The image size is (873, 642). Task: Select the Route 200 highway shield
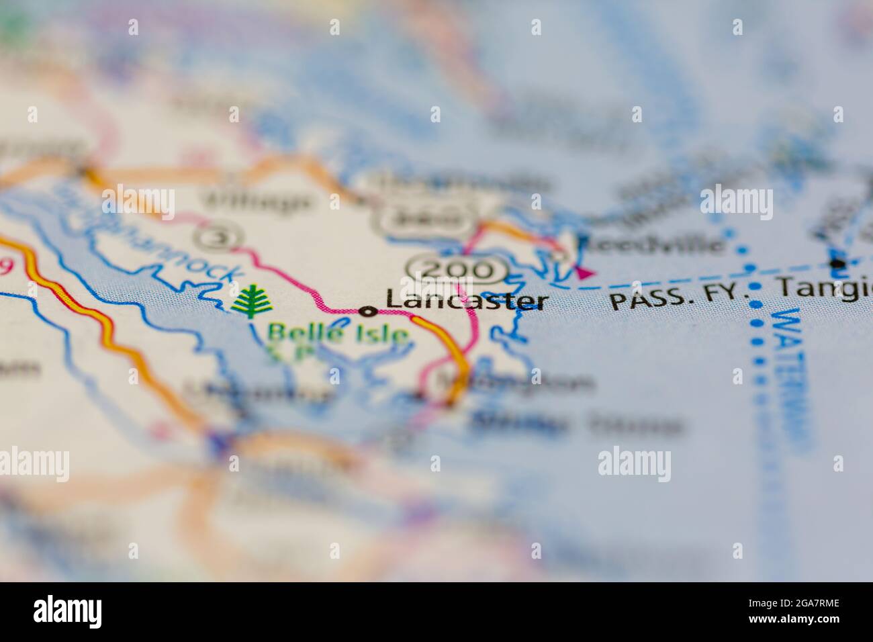click(457, 270)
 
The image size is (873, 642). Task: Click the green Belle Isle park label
click(337, 333)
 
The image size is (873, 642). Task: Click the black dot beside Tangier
click(836, 263)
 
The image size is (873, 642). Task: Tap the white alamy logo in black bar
click(68, 612)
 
